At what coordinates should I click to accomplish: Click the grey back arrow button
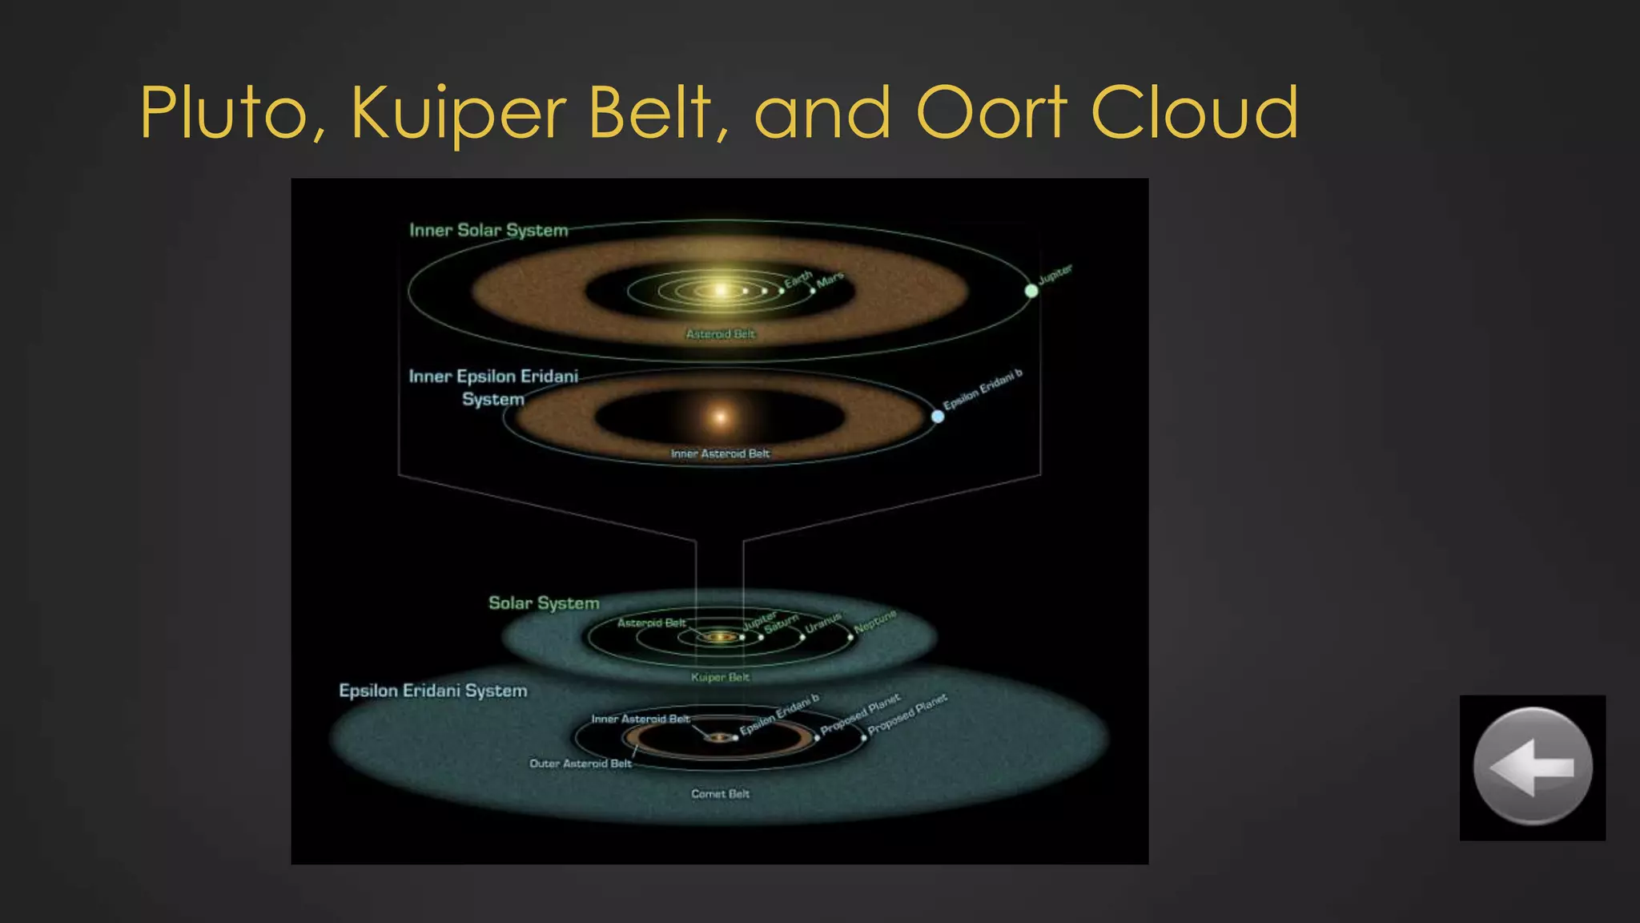point(1532,767)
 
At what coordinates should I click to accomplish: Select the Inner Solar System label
point(488,231)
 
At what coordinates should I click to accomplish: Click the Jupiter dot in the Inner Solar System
point(1031,291)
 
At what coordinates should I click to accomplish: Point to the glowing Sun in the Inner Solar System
point(721,289)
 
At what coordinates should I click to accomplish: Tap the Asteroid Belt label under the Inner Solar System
point(720,334)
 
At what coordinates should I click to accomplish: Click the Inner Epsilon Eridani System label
point(493,387)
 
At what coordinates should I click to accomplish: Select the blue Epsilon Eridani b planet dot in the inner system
point(938,417)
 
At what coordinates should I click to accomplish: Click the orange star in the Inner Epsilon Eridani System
point(721,417)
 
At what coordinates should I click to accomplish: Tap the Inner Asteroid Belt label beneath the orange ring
point(720,453)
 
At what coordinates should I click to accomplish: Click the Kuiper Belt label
point(720,677)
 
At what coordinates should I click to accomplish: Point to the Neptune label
point(874,622)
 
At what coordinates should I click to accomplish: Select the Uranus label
point(823,623)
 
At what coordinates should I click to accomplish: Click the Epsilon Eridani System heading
point(432,691)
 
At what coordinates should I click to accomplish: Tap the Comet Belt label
point(720,794)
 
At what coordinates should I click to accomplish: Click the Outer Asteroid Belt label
point(580,764)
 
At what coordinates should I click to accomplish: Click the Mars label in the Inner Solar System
point(830,280)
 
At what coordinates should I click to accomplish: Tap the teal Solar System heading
point(544,603)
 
